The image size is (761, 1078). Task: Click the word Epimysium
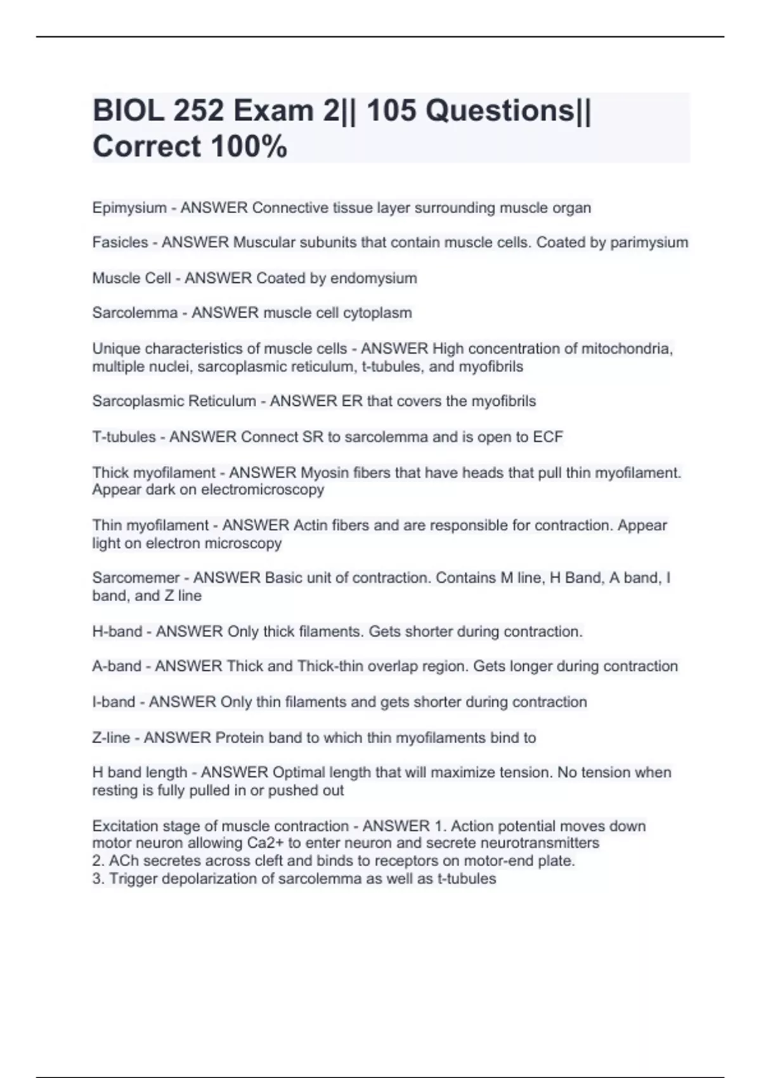tap(129, 208)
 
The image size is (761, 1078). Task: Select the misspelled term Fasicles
tap(120, 242)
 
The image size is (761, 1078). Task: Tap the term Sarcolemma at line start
tap(134, 313)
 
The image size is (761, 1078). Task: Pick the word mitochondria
tap(627, 349)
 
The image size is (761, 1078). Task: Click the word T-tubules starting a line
tap(124, 437)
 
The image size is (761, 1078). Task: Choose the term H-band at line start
tap(117, 632)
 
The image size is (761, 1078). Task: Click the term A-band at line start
tap(117, 666)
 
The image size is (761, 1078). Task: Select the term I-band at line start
tap(114, 702)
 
